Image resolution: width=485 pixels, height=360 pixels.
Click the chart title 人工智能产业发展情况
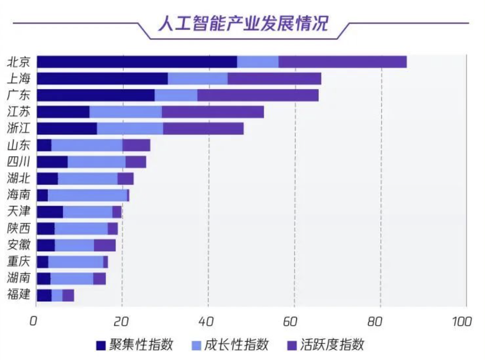[x=243, y=23]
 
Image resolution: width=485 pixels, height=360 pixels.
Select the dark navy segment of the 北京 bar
[x=137, y=62]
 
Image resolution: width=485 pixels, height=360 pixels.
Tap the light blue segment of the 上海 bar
[x=198, y=79]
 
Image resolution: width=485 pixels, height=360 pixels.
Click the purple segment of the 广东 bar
[x=258, y=95]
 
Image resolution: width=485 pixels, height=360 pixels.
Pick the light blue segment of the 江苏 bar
[x=125, y=112]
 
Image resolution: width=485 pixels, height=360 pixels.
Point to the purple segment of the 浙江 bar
[x=203, y=129]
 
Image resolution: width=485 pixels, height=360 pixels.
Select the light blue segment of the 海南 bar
[x=87, y=195]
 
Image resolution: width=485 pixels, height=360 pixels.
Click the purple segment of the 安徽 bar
[x=105, y=245]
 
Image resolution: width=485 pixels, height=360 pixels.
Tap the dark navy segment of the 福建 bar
[x=44, y=295]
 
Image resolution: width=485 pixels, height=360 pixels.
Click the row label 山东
[x=19, y=145]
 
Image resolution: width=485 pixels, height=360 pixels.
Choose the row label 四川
[x=19, y=162]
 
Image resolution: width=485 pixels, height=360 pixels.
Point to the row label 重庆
[x=19, y=262]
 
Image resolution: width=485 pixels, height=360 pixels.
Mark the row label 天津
[x=19, y=212]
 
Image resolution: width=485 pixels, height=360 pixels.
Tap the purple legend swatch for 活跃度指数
[x=292, y=345]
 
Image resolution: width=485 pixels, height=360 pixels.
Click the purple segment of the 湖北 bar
[x=125, y=178]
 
